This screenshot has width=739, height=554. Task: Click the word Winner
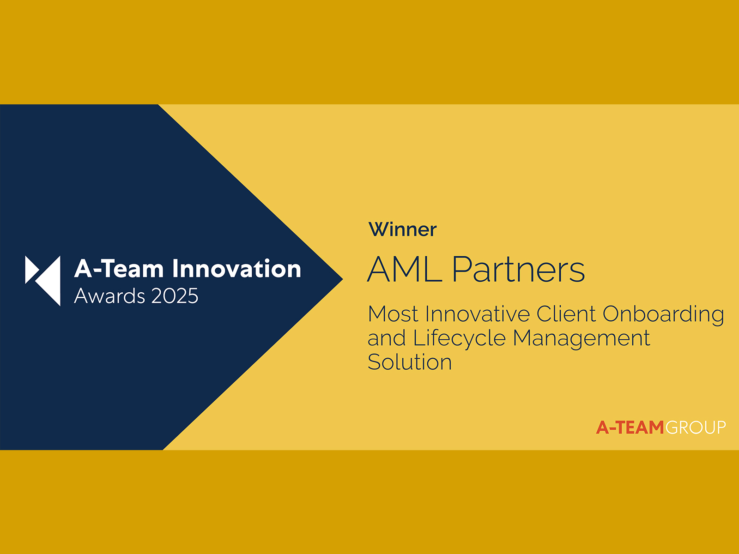[x=402, y=229]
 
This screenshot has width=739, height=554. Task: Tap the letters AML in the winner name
[x=405, y=269]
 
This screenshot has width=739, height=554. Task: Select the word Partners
[x=519, y=269]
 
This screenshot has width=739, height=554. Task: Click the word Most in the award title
[x=394, y=314]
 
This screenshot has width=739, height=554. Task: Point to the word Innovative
[x=478, y=314]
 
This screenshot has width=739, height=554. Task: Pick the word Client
[x=566, y=314]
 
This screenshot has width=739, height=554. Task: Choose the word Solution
[x=410, y=362]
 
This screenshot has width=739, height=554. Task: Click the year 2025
[x=175, y=296]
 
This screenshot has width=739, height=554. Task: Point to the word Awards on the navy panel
[x=109, y=296]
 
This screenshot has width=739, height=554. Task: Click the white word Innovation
[x=236, y=268]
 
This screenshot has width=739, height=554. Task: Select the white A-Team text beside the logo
[x=119, y=268]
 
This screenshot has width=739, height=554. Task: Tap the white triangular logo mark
[x=43, y=281]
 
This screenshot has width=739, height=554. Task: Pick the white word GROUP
[x=696, y=428]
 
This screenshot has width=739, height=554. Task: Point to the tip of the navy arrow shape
[x=343, y=279]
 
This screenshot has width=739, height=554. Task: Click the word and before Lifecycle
[x=387, y=338]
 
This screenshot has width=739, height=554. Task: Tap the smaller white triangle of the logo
[x=31, y=270]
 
